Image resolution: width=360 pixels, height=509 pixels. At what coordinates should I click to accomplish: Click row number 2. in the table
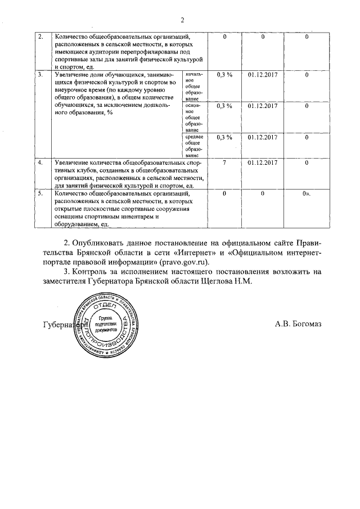tap(40, 37)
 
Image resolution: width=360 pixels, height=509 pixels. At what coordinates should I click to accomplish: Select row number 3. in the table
tap(40, 74)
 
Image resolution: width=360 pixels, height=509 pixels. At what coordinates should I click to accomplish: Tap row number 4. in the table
tap(40, 163)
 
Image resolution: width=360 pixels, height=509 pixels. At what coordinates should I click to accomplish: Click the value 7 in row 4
tap(224, 163)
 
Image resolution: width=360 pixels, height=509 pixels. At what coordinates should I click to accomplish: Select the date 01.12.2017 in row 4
tap(263, 163)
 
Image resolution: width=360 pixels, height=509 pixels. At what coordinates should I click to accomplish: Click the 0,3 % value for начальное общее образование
tap(224, 74)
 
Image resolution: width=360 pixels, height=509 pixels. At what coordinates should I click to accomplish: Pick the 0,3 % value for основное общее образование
tap(224, 106)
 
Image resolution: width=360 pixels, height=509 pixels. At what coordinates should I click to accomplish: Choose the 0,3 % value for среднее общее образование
tap(224, 137)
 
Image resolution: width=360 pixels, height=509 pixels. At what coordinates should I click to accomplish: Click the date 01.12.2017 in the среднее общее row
tap(263, 137)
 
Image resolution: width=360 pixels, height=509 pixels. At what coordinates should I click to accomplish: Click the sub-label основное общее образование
tap(193, 116)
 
